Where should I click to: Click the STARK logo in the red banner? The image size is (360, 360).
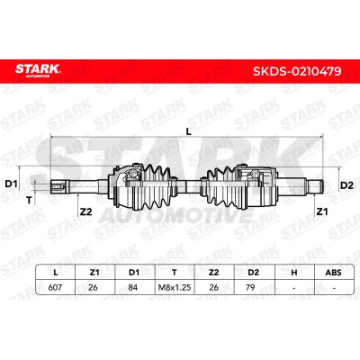pyautogui.click(x=38, y=70)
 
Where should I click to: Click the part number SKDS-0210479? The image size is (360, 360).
pyautogui.click(x=297, y=71)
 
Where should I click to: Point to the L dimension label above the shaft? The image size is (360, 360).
pyautogui.click(x=188, y=131)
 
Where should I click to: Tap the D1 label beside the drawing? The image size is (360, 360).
pyautogui.click(x=12, y=184)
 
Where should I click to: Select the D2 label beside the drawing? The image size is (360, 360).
pyautogui.click(x=346, y=185)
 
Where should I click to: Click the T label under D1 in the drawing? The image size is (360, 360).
pyautogui.click(x=29, y=200)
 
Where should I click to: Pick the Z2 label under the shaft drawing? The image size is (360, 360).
pyautogui.click(x=85, y=211)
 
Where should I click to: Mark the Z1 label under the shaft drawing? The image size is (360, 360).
pyautogui.click(x=322, y=211)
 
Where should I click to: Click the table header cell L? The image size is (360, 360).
pyautogui.click(x=55, y=273)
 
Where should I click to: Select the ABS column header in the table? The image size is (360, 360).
pyautogui.click(x=333, y=273)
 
